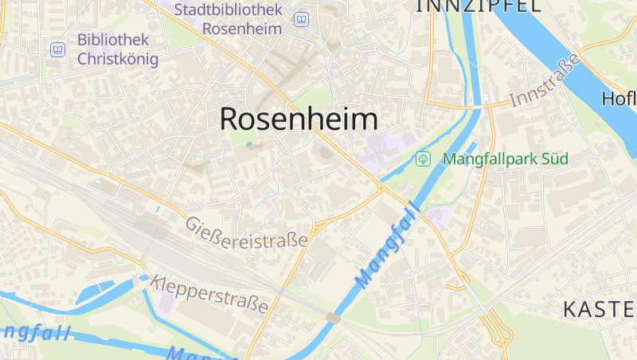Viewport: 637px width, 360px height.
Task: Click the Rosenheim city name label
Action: [299, 119]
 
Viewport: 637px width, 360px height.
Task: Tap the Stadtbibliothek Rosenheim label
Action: [228, 19]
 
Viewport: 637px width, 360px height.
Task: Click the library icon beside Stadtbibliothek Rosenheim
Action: [301, 19]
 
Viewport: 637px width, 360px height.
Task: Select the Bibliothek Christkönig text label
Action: [117, 49]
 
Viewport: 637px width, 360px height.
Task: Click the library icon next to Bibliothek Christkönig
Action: [57, 49]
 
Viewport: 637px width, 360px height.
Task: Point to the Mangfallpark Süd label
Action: [505, 158]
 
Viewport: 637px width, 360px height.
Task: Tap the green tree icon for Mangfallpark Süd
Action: [424, 158]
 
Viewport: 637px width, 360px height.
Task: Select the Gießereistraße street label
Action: [246, 233]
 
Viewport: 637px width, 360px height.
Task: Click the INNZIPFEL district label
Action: [478, 6]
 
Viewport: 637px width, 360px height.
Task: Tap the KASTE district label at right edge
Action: [599, 310]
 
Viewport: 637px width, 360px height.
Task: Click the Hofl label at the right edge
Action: [619, 99]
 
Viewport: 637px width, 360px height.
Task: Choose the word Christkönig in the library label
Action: [117, 58]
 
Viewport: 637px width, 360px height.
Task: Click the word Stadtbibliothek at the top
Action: [229, 10]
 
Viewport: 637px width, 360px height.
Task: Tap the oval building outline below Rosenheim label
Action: [325, 152]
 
